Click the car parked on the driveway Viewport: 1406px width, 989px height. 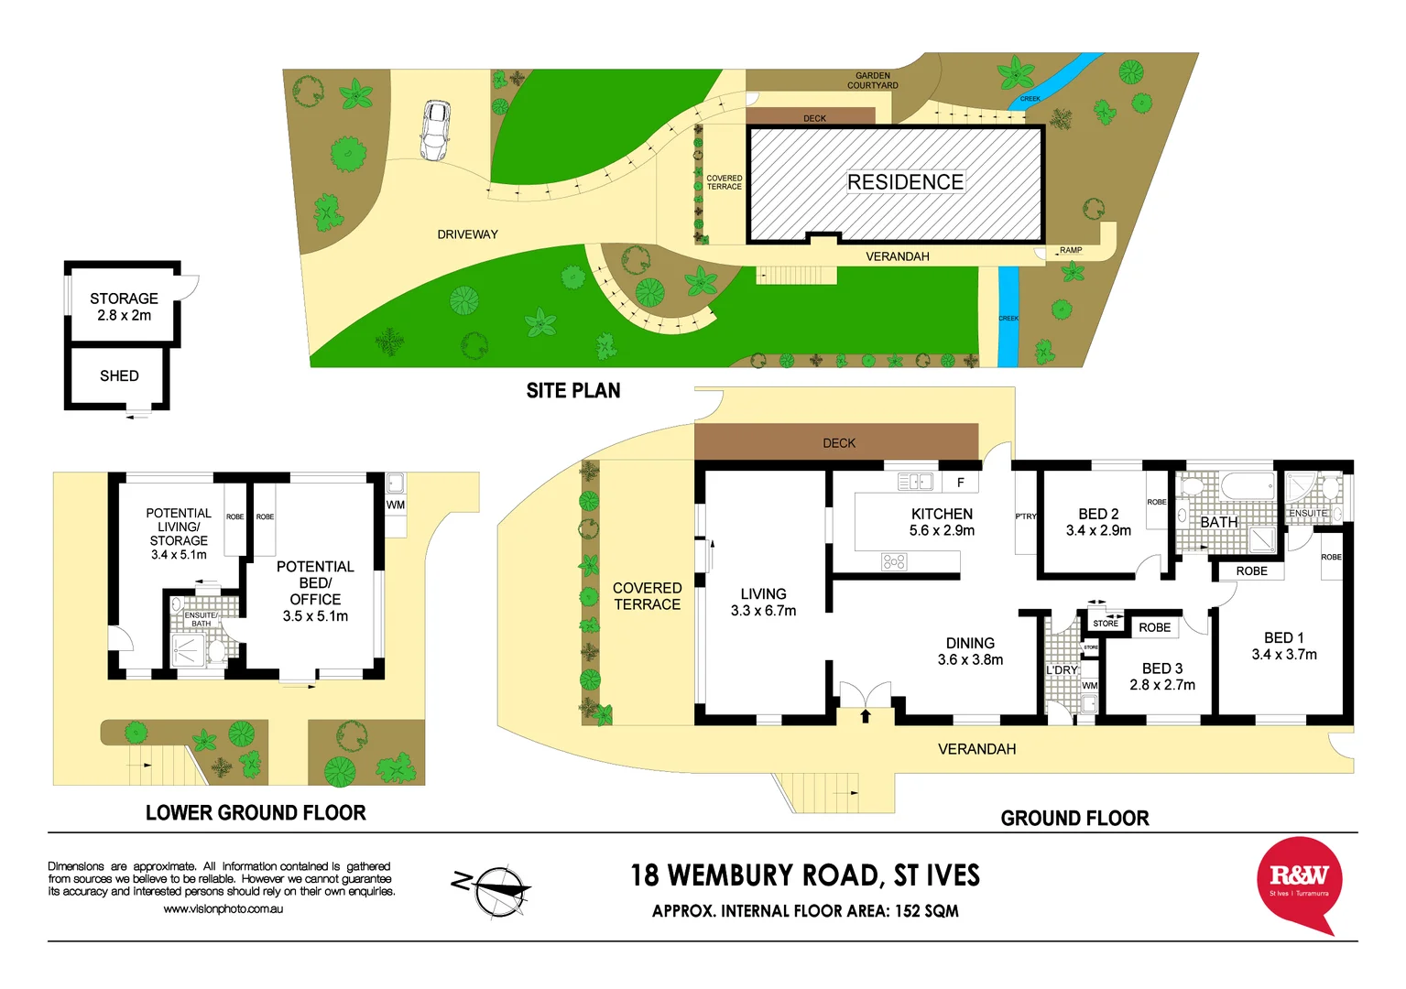[435, 131]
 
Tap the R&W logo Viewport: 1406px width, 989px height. [1299, 881]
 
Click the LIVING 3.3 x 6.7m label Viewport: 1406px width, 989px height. [763, 602]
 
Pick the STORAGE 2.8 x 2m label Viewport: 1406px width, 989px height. [124, 307]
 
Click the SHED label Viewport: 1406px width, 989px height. [119, 375]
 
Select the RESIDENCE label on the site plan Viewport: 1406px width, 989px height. [905, 182]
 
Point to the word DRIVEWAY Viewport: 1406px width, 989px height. [467, 234]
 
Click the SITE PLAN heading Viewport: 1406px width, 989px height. [573, 391]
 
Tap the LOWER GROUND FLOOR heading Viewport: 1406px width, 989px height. [256, 813]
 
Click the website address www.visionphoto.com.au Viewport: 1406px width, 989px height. [223, 909]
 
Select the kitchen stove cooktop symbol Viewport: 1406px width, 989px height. [894, 561]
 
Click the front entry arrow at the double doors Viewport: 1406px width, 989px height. [866, 715]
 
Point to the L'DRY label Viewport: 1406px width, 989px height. [1063, 670]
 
